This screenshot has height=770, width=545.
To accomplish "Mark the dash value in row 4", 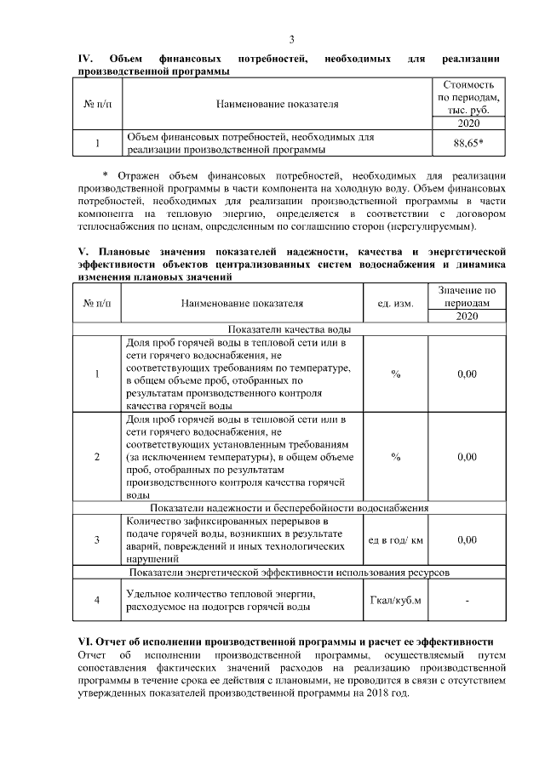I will pyautogui.click(x=467, y=601).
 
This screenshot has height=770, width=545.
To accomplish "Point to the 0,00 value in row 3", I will pyautogui.click(x=467, y=539).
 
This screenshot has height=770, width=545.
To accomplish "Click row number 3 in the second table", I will pyautogui.click(x=97, y=539).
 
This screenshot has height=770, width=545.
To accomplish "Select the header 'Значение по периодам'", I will pyautogui.click(x=467, y=296).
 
